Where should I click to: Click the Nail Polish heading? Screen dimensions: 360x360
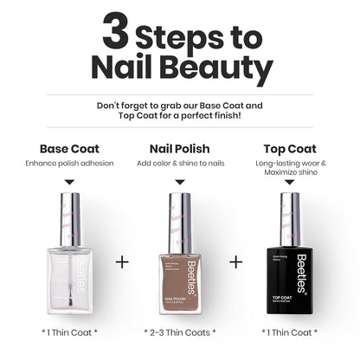pos(179,148)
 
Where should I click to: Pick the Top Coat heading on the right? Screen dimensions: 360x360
pos(289,148)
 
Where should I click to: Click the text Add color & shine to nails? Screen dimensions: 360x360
pos(179,164)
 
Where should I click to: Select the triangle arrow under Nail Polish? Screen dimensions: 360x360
pos(179,183)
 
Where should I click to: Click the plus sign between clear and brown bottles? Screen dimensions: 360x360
pos(124,260)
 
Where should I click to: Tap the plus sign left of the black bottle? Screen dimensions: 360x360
pos(234,260)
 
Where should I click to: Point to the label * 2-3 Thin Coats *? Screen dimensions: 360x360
pos(179,332)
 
